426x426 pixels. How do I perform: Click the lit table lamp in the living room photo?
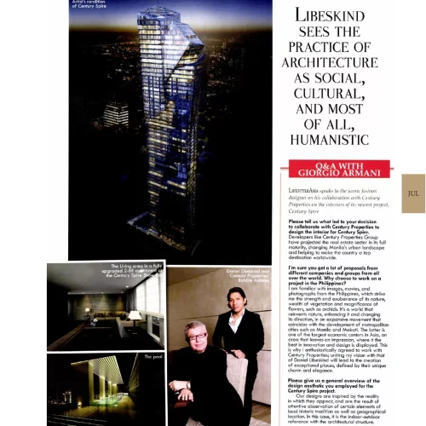point(135,316)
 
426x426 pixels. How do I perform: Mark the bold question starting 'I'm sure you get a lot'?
point(337,278)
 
